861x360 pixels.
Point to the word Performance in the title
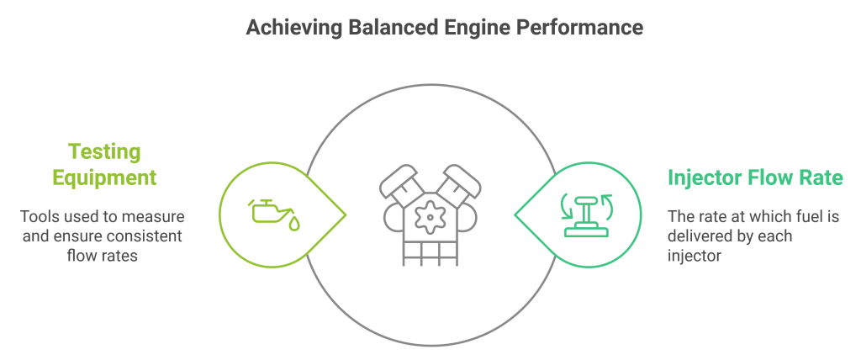pos(579,28)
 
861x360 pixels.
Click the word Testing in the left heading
pos(104,152)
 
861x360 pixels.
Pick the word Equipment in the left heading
pos(104,177)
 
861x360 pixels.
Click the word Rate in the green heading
pos(821,178)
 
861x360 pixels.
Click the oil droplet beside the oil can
pos(294,224)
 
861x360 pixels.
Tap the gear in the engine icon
pos(430,217)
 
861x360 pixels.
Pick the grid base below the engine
pos(430,252)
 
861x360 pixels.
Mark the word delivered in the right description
pos(704,236)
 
